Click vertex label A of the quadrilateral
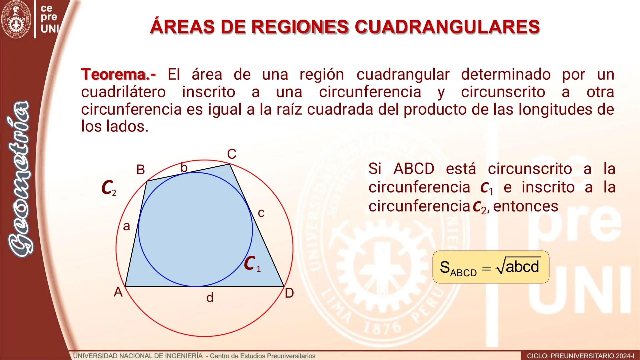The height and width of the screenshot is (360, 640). pyautogui.click(x=118, y=292)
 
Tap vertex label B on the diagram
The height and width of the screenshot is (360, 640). pyautogui.click(x=141, y=170)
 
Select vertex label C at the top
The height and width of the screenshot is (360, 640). pyautogui.click(x=232, y=154)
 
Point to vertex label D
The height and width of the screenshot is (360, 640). pyautogui.click(x=289, y=293)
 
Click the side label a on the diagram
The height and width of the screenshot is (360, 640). pyautogui.click(x=126, y=226)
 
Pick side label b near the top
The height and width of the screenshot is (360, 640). pyautogui.click(x=184, y=168)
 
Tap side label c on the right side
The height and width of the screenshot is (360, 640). pyautogui.click(x=261, y=213)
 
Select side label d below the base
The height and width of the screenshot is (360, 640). pyautogui.click(x=210, y=298)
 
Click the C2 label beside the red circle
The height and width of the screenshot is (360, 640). pyautogui.click(x=109, y=188)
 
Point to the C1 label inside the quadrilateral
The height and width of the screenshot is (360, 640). pyautogui.click(x=252, y=264)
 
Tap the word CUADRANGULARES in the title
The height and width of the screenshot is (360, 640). pyautogui.click(x=447, y=27)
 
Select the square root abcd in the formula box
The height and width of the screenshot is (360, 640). pyautogui.click(x=518, y=267)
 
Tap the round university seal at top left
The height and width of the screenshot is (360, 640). pyautogui.click(x=16, y=19)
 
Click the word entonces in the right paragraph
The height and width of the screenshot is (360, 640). pyautogui.click(x=525, y=206)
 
